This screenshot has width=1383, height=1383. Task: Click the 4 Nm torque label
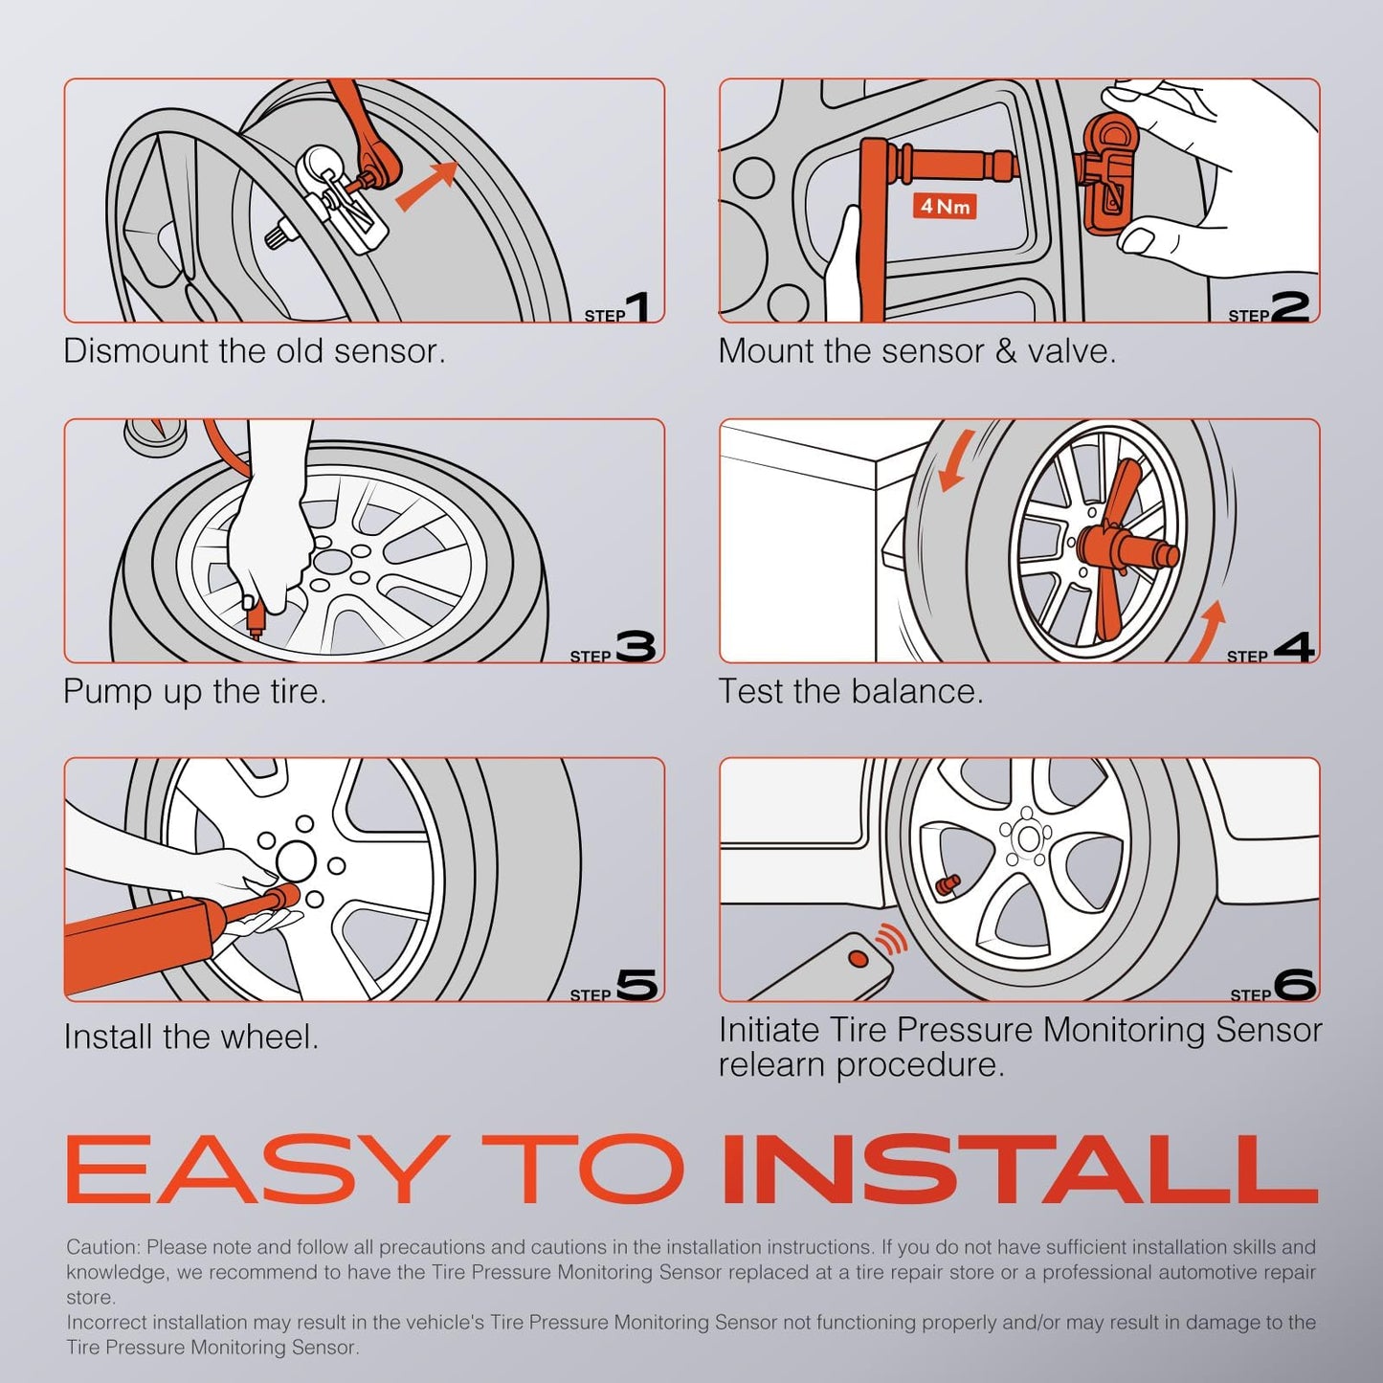945,206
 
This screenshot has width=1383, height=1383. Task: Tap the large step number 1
641,306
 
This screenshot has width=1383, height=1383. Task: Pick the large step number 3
636,647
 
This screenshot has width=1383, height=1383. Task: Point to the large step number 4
1294,647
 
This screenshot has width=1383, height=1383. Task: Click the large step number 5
637,985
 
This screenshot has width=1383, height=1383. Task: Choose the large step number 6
1295,985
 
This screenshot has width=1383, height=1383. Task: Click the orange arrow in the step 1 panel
425,185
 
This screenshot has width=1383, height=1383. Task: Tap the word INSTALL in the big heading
1020,1170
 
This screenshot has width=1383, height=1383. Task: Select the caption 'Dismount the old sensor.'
255,351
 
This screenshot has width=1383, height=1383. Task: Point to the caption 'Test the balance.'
851,691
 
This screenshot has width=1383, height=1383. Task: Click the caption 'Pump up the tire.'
195,691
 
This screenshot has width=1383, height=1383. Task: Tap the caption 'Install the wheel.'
191,1037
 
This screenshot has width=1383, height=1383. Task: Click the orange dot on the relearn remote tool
859,958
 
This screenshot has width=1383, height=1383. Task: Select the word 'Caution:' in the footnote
102,1247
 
